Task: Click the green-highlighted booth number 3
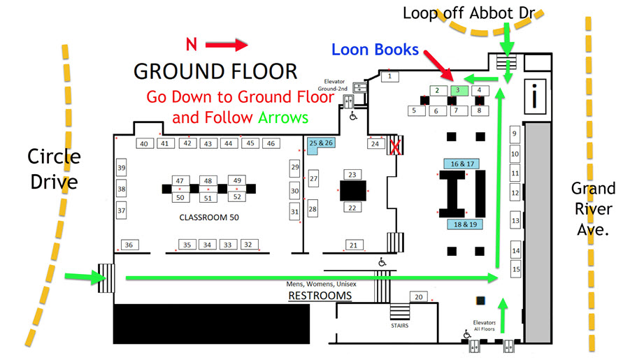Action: click(x=457, y=90)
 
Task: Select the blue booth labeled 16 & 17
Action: click(x=461, y=164)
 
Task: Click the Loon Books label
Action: click(x=375, y=50)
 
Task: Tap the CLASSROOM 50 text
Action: click(x=209, y=217)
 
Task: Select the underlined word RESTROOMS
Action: click(x=320, y=296)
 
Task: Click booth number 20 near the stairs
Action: click(x=418, y=297)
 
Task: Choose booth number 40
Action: click(x=144, y=144)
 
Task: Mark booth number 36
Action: click(x=129, y=245)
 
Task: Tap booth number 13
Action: click(x=516, y=221)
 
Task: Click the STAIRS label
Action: click(x=399, y=325)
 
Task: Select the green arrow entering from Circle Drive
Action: click(x=80, y=278)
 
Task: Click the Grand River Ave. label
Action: click(x=593, y=208)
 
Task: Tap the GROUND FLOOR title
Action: click(x=215, y=71)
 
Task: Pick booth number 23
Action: click(x=352, y=174)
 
